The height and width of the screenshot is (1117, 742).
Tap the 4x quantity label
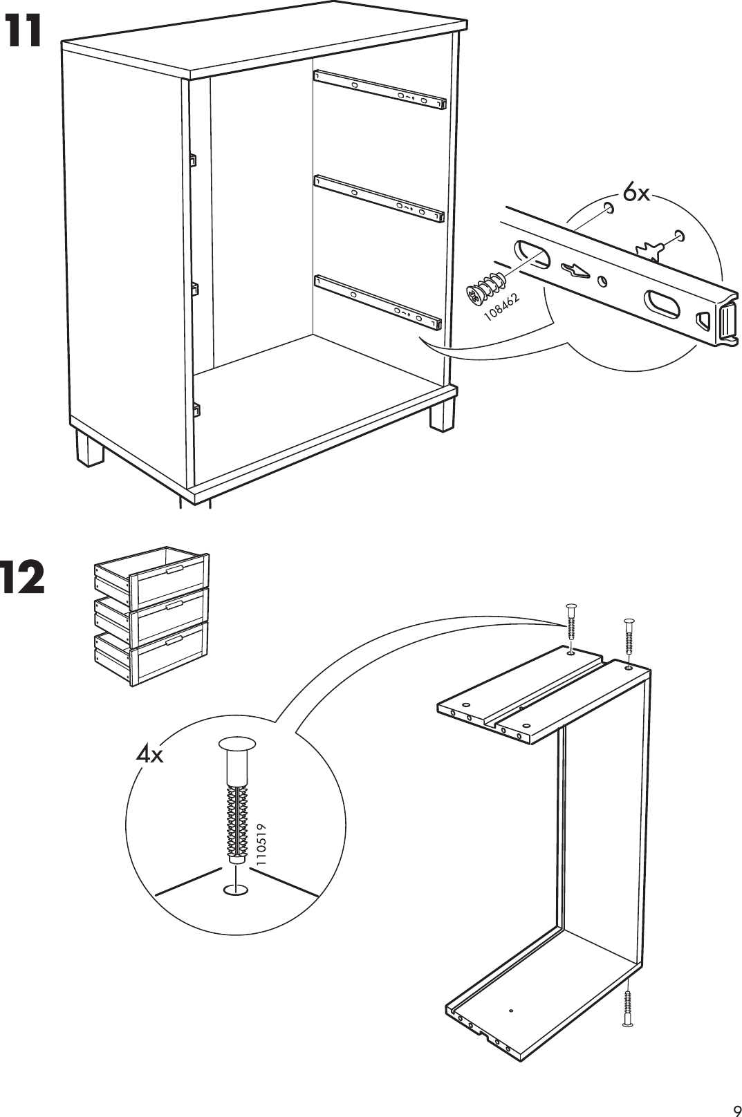click(x=149, y=755)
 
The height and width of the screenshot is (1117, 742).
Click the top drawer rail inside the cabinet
click(x=380, y=88)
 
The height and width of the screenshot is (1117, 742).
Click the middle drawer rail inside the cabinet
click(x=379, y=199)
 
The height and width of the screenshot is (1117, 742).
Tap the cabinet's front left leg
click(x=89, y=447)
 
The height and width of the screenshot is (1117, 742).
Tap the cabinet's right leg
click(x=442, y=414)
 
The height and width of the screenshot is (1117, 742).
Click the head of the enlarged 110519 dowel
click(x=237, y=744)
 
